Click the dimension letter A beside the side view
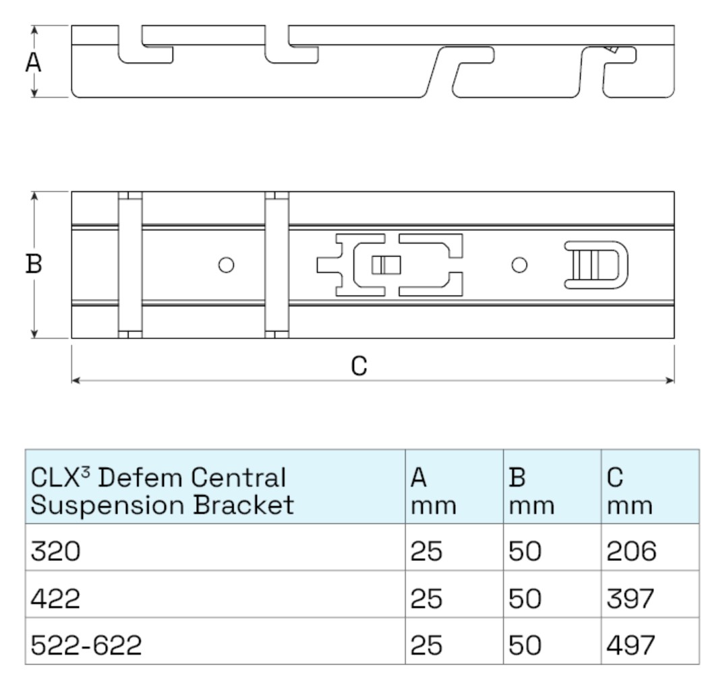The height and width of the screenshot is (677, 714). (33, 62)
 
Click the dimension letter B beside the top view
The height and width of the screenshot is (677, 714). (33, 265)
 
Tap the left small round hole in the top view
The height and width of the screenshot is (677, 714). (226, 265)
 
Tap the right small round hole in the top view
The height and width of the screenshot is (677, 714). (518, 265)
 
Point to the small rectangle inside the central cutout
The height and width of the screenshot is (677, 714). (386, 265)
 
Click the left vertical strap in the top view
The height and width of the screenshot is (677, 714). (129, 265)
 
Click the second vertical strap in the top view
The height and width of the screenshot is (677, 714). (276, 265)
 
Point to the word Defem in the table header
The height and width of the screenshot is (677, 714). (136, 479)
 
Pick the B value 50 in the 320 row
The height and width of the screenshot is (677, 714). (526, 553)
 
